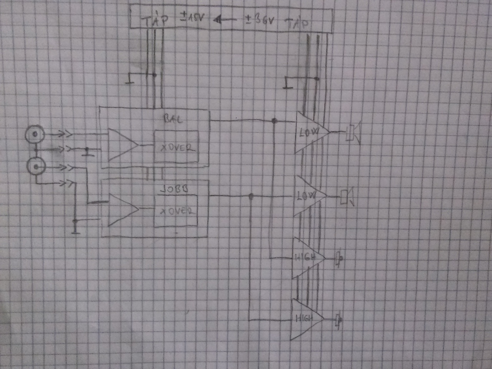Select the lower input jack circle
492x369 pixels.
point(36,167)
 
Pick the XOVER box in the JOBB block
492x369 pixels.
point(175,211)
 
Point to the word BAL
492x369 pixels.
point(174,118)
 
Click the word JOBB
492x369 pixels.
point(174,189)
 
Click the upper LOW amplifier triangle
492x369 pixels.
point(310,133)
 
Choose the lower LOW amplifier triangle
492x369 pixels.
point(307,196)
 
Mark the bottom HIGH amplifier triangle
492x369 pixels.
point(305,319)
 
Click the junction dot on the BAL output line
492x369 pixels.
point(274,121)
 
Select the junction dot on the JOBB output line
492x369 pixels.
point(251,197)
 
